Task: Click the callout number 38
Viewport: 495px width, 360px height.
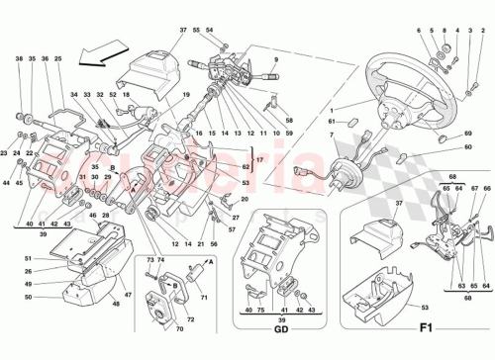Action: tap(18, 59)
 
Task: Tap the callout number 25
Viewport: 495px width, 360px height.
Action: tap(57, 59)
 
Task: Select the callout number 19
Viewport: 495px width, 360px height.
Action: tap(185, 92)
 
